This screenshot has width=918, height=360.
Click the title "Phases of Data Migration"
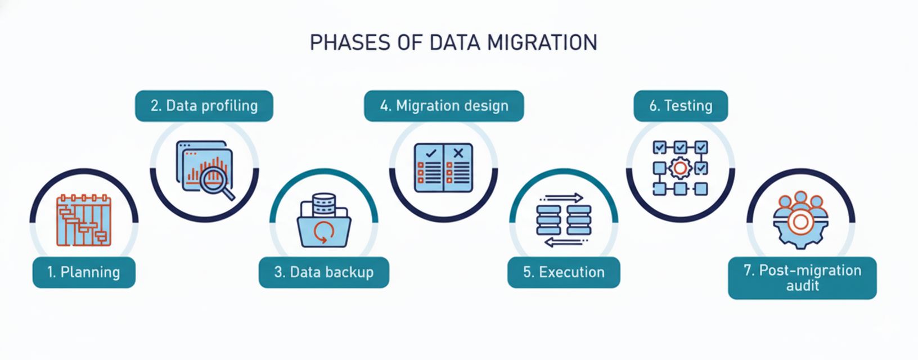[453, 43]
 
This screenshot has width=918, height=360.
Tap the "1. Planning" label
[84, 272]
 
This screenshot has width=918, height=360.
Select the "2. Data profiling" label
[204, 106]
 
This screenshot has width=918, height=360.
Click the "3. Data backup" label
[324, 272]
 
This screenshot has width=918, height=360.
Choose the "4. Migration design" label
[444, 106]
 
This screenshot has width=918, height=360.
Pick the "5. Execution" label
[564, 272]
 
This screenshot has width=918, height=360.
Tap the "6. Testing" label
[681, 106]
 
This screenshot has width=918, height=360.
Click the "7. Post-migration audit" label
[802, 278]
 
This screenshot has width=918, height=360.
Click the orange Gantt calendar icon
[84, 220]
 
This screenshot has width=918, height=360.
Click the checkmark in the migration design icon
[431, 152]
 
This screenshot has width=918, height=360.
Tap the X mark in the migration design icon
[458, 152]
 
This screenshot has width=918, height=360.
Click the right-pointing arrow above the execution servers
[563, 198]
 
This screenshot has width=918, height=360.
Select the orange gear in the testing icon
[680, 168]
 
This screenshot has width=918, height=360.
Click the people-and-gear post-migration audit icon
[800, 220]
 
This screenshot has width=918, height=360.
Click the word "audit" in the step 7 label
[802, 286]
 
